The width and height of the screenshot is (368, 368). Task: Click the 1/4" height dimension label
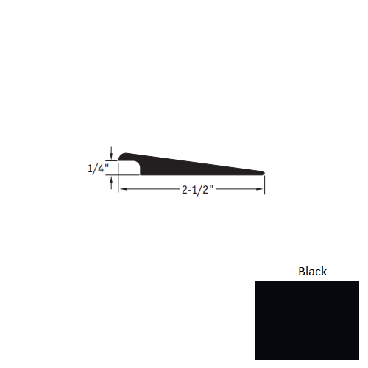[96, 168]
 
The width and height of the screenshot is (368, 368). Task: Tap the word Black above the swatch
[312, 271]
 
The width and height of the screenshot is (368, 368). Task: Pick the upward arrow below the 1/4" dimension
[111, 183]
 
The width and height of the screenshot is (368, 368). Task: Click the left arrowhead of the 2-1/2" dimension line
[122, 190]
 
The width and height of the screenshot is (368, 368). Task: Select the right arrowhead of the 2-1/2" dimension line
[261, 190]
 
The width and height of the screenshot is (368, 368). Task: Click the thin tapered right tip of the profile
[261, 173]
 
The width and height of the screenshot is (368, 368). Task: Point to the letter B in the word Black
[302, 271]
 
